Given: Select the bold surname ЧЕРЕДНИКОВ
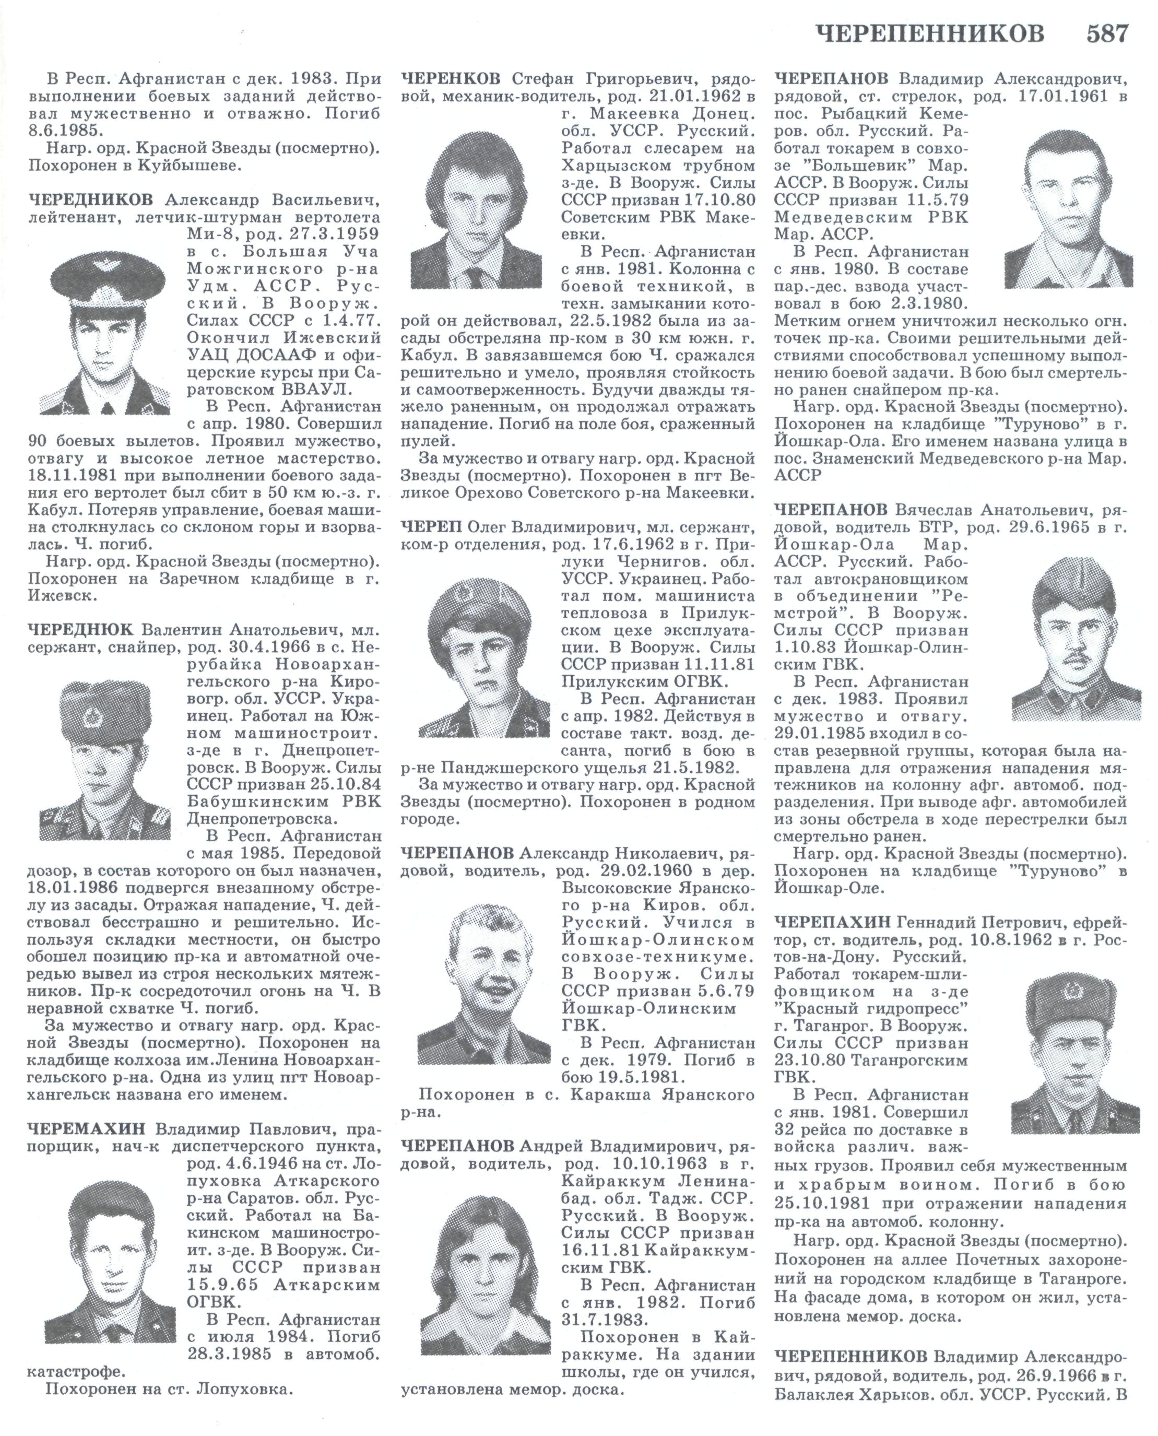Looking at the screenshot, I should click(x=90, y=200).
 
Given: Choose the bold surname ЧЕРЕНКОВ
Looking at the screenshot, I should click(x=451, y=79).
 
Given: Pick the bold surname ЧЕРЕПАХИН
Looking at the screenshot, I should click(x=833, y=922).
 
